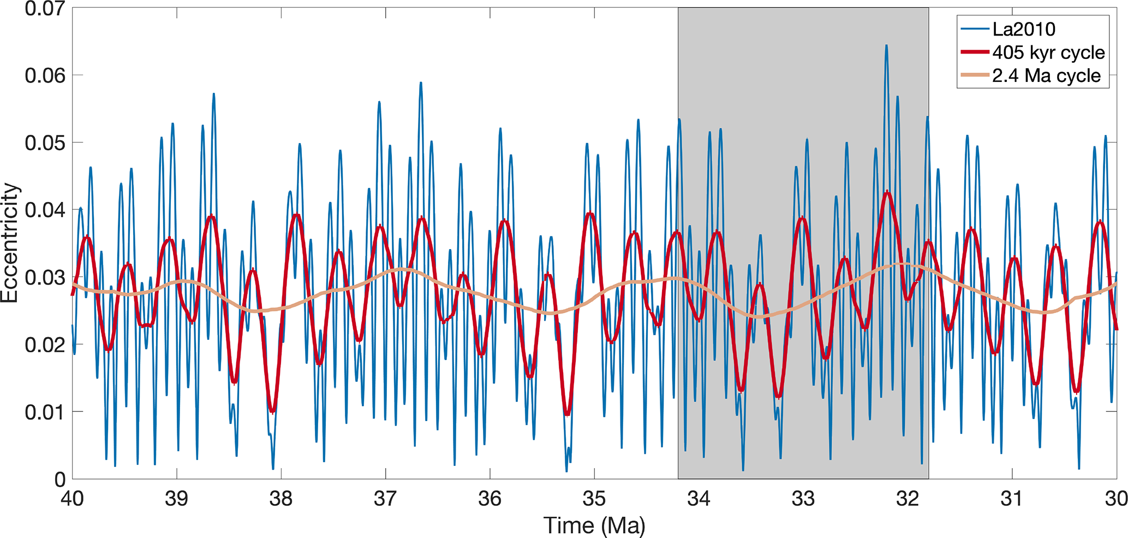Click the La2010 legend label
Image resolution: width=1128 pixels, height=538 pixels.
tap(1024, 29)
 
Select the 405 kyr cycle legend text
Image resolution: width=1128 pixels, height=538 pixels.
tap(1048, 52)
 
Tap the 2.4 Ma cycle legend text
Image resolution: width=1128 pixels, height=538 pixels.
tap(1046, 75)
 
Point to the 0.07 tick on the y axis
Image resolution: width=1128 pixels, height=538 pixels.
tap(45, 9)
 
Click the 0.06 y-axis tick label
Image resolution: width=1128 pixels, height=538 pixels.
tap(45, 75)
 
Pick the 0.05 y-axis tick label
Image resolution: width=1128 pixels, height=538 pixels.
tap(45, 143)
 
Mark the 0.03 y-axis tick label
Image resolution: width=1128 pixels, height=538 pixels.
tap(45, 277)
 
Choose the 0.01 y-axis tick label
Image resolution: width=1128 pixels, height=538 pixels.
tap(45, 412)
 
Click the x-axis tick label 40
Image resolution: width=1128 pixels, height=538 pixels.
tap(72, 499)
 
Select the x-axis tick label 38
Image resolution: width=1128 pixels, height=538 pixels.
tap(281, 499)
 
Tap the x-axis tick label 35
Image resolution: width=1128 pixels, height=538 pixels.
tap(594, 499)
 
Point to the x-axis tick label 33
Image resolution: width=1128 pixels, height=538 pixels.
tap(803, 499)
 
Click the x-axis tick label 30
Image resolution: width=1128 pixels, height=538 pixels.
tap(1116, 499)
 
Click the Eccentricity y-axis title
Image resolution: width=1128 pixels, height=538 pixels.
tap(10, 243)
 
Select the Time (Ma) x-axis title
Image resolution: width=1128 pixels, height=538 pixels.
tap(594, 525)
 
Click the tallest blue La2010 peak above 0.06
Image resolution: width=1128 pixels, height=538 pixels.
tap(886, 46)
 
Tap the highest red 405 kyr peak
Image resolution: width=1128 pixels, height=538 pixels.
tap(888, 192)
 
